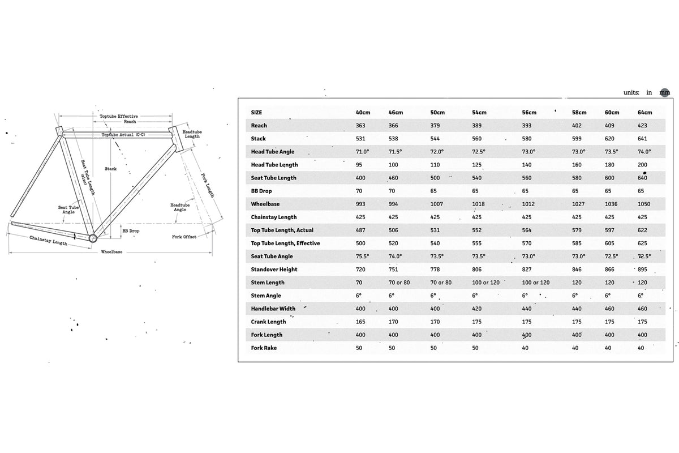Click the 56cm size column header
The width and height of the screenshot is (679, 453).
pyautogui.click(x=528, y=113)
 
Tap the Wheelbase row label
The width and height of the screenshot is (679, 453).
pyautogui.click(x=266, y=204)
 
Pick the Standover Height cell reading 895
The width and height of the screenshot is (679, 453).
pyautogui.click(x=643, y=270)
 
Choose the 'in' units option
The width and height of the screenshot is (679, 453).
pyautogui.click(x=649, y=92)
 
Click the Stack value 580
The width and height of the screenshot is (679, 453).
pyautogui.click(x=527, y=139)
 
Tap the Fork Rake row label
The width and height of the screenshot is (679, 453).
pyautogui.click(x=264, y=348)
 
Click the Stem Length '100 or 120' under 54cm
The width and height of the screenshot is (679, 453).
pyautogui.click(x=486, y=283)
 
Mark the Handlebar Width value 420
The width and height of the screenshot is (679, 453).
pyautogui.click(x=476, y=309)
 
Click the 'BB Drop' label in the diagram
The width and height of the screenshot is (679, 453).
pyautogui.click(x=131, y=232)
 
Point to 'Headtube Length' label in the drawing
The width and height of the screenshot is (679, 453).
pyautogui.click(x=192, y=134)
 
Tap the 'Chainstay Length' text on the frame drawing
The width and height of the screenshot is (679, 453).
pyautogui.click(x=48, y=241)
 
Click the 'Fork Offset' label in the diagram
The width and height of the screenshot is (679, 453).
pyautogui.click(x=184, y=237)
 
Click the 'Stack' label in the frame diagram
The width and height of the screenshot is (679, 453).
pyautogui.click(x=110, y=169)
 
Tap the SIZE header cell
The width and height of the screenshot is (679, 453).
pyautogui.click(x=256, y=113)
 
